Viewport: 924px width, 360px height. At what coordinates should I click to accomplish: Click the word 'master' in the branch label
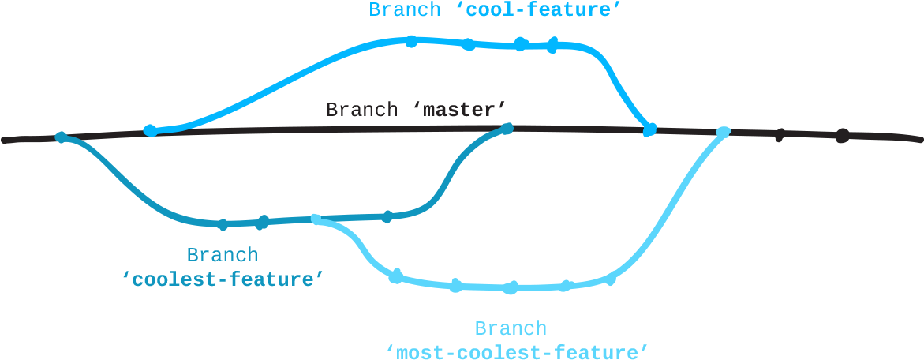coord(459,109)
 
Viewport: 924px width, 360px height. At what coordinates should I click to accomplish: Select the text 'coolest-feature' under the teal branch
coord(223,279)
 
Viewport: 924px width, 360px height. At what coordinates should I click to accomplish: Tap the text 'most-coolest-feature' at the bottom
coord(518,351)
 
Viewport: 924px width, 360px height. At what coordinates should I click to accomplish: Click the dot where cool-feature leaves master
coord(150,130)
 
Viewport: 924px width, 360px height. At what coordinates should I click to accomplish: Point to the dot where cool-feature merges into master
coord(649,129)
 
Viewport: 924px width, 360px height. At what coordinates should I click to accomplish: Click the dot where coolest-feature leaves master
coord(61,137)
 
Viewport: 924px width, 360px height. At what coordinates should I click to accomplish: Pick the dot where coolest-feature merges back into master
coord(507,128)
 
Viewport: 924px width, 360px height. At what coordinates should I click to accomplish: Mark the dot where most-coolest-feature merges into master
coord(723,132)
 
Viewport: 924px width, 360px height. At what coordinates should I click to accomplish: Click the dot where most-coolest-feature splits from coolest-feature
coord(316,219)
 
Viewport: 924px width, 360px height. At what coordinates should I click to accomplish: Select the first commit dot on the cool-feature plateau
coord(410,41)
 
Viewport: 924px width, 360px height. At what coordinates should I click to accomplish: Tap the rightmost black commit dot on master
coord(842,135)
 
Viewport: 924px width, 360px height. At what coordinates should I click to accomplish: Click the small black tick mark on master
coord(779,136)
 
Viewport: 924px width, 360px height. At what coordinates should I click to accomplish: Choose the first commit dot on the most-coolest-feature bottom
coord(396,276)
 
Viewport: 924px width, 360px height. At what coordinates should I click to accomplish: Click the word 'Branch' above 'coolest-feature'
coord(222,255)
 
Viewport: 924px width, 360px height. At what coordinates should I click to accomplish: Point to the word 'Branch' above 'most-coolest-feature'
coord(510,328)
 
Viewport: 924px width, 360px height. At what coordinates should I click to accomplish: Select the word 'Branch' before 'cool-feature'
coord(405,9)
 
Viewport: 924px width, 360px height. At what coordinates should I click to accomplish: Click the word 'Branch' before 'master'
coord(362,109)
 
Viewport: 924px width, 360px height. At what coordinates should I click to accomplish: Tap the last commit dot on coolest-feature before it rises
coord(387,216)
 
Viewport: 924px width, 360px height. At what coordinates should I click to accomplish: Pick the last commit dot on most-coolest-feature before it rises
coord(609,279)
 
